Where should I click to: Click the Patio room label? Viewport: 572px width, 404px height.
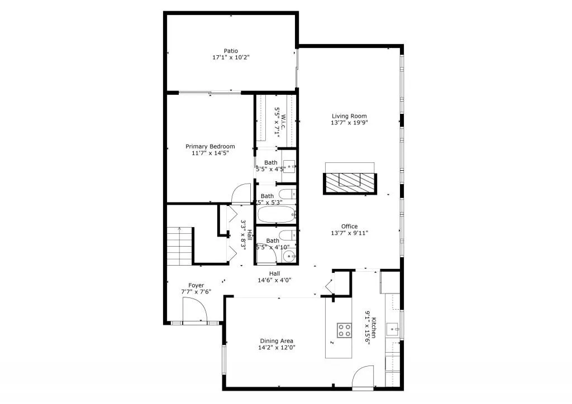(x=231, y=50)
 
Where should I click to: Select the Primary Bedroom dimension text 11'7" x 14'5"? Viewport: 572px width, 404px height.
(x=210, y=153)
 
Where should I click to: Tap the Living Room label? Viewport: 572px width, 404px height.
(x=349, y=116)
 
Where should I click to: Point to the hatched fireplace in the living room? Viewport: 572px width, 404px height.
(x=350, y=181)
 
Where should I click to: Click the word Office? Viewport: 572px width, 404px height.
(x=349, y=226)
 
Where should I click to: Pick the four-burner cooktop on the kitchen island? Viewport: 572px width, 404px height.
(x=344, y=330)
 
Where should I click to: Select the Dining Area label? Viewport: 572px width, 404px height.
(x=277, y=340)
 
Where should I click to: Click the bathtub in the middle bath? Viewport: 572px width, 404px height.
(x=277, y=214)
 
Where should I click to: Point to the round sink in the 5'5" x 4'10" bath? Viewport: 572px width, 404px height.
(x=289, y=256)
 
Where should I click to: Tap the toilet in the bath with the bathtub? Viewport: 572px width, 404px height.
(x=287, y=195)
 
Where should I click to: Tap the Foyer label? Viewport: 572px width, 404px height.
(x=196, y=285)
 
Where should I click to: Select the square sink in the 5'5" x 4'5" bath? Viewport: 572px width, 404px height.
(x=289, y=165)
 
